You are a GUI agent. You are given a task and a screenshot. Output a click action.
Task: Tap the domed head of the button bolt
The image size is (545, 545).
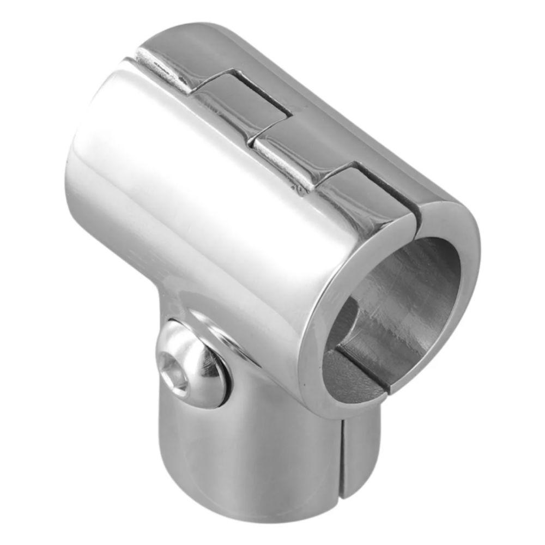pyautogui.click(x=199, y=362)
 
